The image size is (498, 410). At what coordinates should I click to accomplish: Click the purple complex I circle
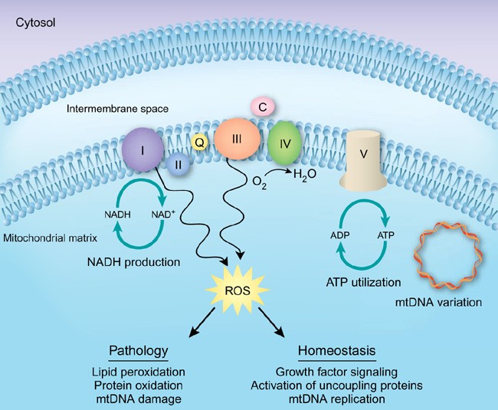(x=143, y=149)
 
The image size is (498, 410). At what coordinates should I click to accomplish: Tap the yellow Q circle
(x=198, y=141)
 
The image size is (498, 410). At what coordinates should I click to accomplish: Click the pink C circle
(x=262, y=108)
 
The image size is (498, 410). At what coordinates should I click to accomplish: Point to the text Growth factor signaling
(x=337, y=371)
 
